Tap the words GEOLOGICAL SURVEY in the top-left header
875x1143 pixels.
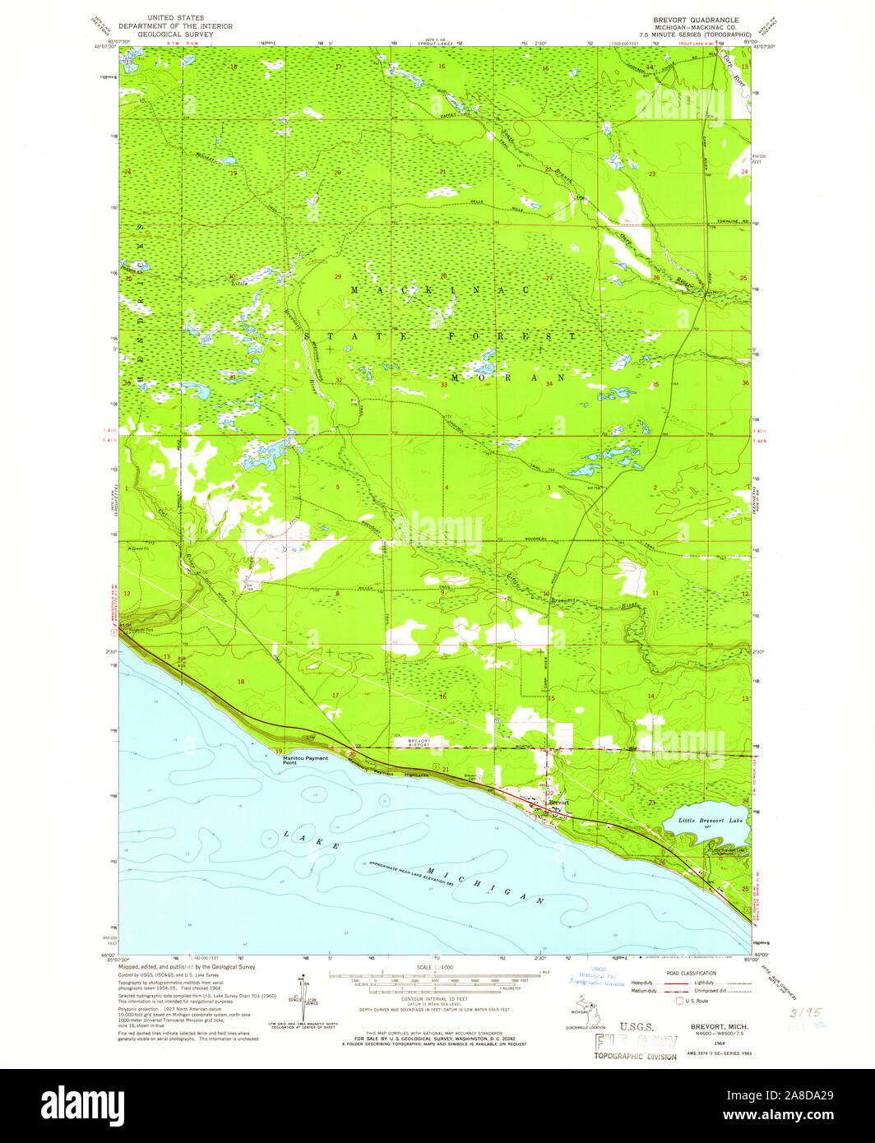pos(176,35)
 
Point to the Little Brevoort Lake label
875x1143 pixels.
pos(711,821)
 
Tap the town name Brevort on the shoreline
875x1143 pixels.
pos(558,801)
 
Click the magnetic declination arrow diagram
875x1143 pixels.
pos(304,999)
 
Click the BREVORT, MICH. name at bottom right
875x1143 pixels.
pos(715,1028)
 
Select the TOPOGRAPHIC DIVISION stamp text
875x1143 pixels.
pos(637,1056)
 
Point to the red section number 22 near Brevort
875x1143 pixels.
pos(549,770)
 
